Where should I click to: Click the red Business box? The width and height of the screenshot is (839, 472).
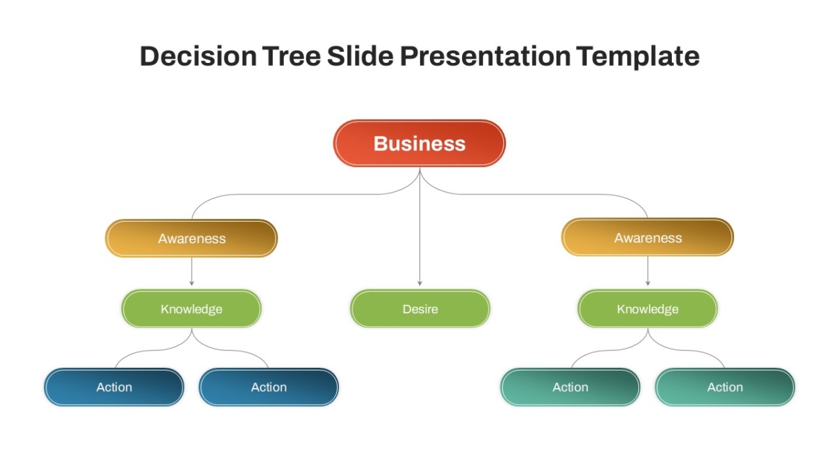(419, 143)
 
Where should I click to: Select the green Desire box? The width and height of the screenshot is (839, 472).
(420, 308)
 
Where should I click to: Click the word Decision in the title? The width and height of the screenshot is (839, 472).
(198, 56)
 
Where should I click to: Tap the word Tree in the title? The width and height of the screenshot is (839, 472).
(292, 56)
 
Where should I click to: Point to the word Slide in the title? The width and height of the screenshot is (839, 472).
(360, 56)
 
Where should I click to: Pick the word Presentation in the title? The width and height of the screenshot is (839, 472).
(485, 57)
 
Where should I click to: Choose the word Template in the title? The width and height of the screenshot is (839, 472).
(638, 57)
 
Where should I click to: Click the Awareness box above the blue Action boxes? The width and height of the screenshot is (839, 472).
(192, 238)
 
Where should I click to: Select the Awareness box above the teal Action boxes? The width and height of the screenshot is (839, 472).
(647, 238)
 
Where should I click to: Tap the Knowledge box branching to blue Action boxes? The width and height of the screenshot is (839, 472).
(192, 308)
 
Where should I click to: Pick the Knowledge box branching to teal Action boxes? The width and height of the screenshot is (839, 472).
(647, 308)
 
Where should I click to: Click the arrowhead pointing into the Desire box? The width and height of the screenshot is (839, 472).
(420, 284)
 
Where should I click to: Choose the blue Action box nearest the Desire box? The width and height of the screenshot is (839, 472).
(269, 387)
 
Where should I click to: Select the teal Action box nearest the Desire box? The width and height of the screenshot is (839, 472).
(570, 387)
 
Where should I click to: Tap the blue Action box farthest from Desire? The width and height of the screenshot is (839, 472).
(114, 387)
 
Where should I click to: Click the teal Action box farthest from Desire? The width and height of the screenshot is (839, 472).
(725, 387)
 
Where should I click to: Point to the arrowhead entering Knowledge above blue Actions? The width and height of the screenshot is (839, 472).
(192, 284)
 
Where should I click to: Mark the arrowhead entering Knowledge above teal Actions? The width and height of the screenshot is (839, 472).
(648, 284)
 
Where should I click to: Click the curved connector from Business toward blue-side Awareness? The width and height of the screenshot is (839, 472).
(306, 194)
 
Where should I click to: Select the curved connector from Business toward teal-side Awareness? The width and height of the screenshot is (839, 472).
(533, 194)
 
